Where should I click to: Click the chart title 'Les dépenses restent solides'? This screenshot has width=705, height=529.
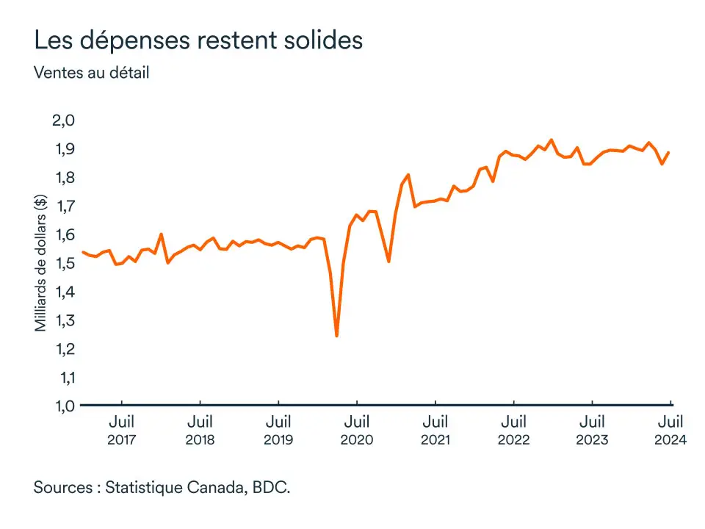(x=198, y=40)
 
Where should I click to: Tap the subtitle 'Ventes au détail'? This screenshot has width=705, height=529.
(x=92, y=73)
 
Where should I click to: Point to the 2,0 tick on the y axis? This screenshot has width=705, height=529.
(x=61, y=120)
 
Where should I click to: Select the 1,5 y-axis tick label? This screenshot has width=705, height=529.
(x=61, y=263)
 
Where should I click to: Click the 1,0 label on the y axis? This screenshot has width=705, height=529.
(x=61, y=406)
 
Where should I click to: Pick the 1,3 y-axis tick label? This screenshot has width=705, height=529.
(x=61, y=320)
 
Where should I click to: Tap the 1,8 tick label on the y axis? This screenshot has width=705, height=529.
(x=61, y=178)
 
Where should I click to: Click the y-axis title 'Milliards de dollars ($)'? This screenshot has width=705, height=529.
(x=41, y=263)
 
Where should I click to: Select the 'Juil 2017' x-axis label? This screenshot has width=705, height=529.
(x=121, y=431)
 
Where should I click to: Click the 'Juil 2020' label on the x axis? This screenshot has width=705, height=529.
(x=357, y=431)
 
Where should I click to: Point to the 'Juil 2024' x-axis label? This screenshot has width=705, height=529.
(x=670, y=431)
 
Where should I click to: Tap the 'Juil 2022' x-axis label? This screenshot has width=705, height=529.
(x=513, y=431)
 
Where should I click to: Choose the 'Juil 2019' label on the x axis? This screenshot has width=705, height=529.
(x=278, y=431)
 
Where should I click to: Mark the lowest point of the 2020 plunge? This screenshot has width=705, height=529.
(x=336, y=336)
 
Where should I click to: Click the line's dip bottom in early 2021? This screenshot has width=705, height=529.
(x=388, y=262)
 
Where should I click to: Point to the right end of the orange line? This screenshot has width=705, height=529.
(x=668, y=153)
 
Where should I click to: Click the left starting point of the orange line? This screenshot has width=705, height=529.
(x=82, y=252)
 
